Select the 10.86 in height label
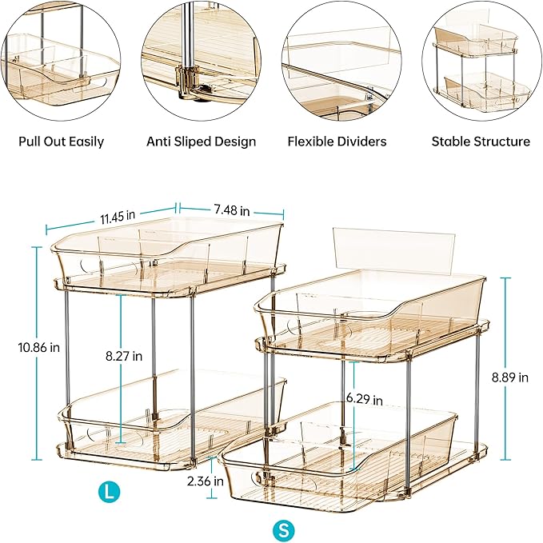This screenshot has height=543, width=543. [21, 347]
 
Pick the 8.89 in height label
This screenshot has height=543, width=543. [528, 377]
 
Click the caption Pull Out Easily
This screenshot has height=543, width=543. [62, 142]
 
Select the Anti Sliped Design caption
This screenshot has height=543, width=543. [201, 142]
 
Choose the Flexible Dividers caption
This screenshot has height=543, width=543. [337, 142]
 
